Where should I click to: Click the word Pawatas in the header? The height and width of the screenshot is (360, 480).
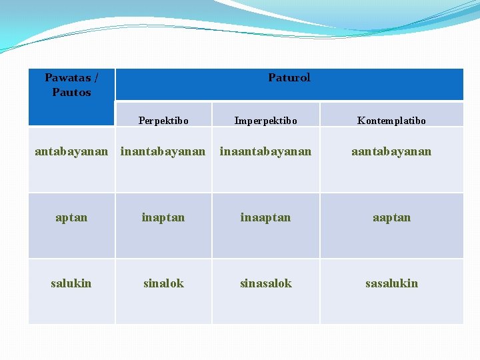click(67, 77)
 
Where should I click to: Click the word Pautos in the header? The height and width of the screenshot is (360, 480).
click(71, 92)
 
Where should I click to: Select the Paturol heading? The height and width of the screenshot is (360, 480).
click(289, 77)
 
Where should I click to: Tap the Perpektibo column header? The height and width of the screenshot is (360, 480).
click(163, 121)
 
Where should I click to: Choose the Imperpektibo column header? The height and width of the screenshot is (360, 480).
click(265, 121)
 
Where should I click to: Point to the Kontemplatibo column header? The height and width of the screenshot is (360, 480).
click(391, 121)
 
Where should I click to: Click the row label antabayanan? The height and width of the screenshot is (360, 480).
click(71, 151)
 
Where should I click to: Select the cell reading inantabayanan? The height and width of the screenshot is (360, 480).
click(163, 151)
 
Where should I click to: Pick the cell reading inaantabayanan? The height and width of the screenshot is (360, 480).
click(265, 151)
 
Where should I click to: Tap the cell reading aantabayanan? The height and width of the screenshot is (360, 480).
click(391, 151)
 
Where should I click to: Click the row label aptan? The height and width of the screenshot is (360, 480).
click(71, 217)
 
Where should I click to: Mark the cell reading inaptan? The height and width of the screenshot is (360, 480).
click(163, 217)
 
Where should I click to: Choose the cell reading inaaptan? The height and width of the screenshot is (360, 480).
click(265, 217)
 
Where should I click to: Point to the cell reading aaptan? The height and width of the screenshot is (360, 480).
click(391, 217)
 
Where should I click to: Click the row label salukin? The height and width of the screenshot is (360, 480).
click(71, 283)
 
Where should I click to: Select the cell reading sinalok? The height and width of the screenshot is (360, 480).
click(163, 283)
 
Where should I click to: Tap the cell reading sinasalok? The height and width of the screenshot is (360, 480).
click(265, 283)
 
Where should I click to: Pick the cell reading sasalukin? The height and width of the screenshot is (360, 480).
click(391, 283)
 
